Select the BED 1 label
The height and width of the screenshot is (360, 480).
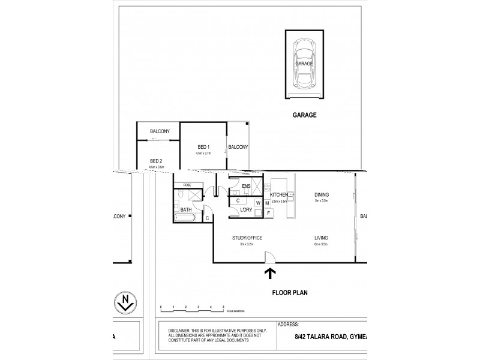(x=203, y=147)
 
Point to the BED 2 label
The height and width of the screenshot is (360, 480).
(x=157, y=161)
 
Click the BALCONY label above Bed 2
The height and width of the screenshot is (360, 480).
(x=160, y=131)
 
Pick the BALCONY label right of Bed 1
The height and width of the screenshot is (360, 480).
(x=238, y=147)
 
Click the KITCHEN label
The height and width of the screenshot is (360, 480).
(x=280, y=196)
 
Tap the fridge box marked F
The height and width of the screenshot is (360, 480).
(x=268, y=212)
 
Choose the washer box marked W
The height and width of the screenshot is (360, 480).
(x=258, y=203)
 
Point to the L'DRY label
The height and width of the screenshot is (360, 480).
(x=245, y=211)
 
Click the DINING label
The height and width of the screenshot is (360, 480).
(x=322, y=195)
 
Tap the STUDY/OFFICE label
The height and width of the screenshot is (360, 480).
(x=248, y=238)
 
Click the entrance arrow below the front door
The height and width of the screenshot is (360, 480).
(x=270, y=275)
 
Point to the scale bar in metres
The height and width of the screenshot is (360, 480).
(x=192, y=308)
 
